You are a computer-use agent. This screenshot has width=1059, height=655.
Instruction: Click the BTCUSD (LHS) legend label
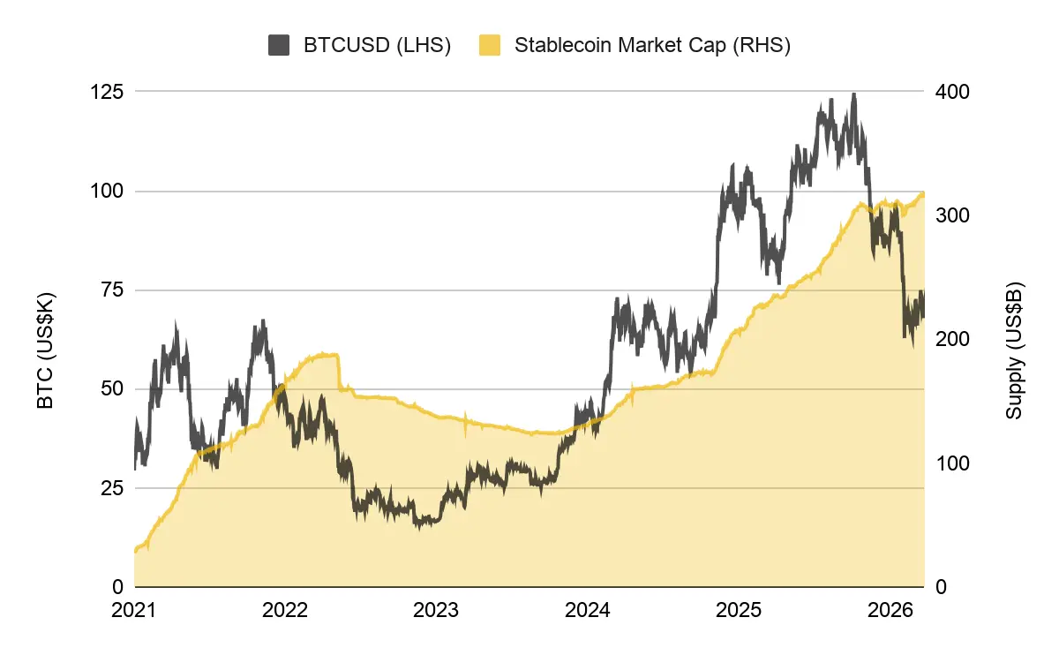tap(377, 46)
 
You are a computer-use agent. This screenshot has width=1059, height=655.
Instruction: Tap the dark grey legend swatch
tap(280, 46)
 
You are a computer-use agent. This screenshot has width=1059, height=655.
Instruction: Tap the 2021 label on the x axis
tap(134, 610)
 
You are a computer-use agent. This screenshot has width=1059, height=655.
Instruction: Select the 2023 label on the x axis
tap(435, 610)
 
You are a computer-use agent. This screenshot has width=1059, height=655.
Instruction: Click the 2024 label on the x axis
tap(586, 610)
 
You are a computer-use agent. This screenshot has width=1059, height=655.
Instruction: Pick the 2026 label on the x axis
tap(887, 610)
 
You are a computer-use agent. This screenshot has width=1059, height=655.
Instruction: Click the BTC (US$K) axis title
tap(46, 350)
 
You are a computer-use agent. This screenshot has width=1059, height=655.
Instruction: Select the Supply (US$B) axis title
tap(1015, 350)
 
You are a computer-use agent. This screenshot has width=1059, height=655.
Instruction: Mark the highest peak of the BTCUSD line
tap(852, 94)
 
